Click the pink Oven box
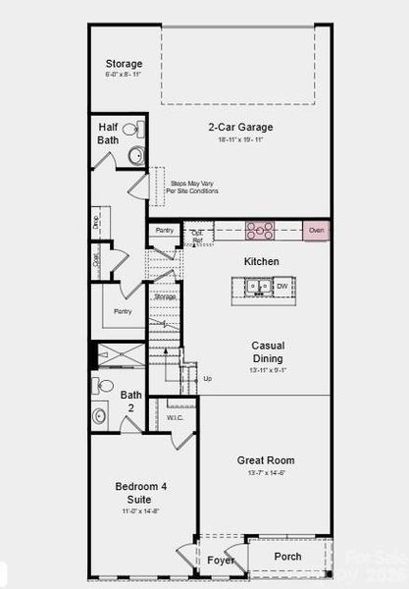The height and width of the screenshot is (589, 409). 316,231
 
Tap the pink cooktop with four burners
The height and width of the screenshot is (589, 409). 260,231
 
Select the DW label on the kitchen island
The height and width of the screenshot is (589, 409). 281,287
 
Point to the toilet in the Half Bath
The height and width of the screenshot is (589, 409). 139,130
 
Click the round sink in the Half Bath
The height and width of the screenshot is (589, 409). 136,154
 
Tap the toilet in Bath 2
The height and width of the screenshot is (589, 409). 104,386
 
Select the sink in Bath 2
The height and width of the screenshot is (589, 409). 100,416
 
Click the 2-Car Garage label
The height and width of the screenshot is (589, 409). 240,127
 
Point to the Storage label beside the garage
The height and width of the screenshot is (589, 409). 125,64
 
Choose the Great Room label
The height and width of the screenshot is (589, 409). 266,460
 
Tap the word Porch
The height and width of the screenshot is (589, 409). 287,557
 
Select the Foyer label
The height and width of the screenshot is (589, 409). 221,561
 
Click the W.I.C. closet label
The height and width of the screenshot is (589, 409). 175,417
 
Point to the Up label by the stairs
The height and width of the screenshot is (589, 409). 207,378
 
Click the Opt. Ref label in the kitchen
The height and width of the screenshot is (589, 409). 196,236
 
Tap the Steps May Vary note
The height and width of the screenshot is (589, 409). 194,187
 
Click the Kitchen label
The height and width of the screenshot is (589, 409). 262,262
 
